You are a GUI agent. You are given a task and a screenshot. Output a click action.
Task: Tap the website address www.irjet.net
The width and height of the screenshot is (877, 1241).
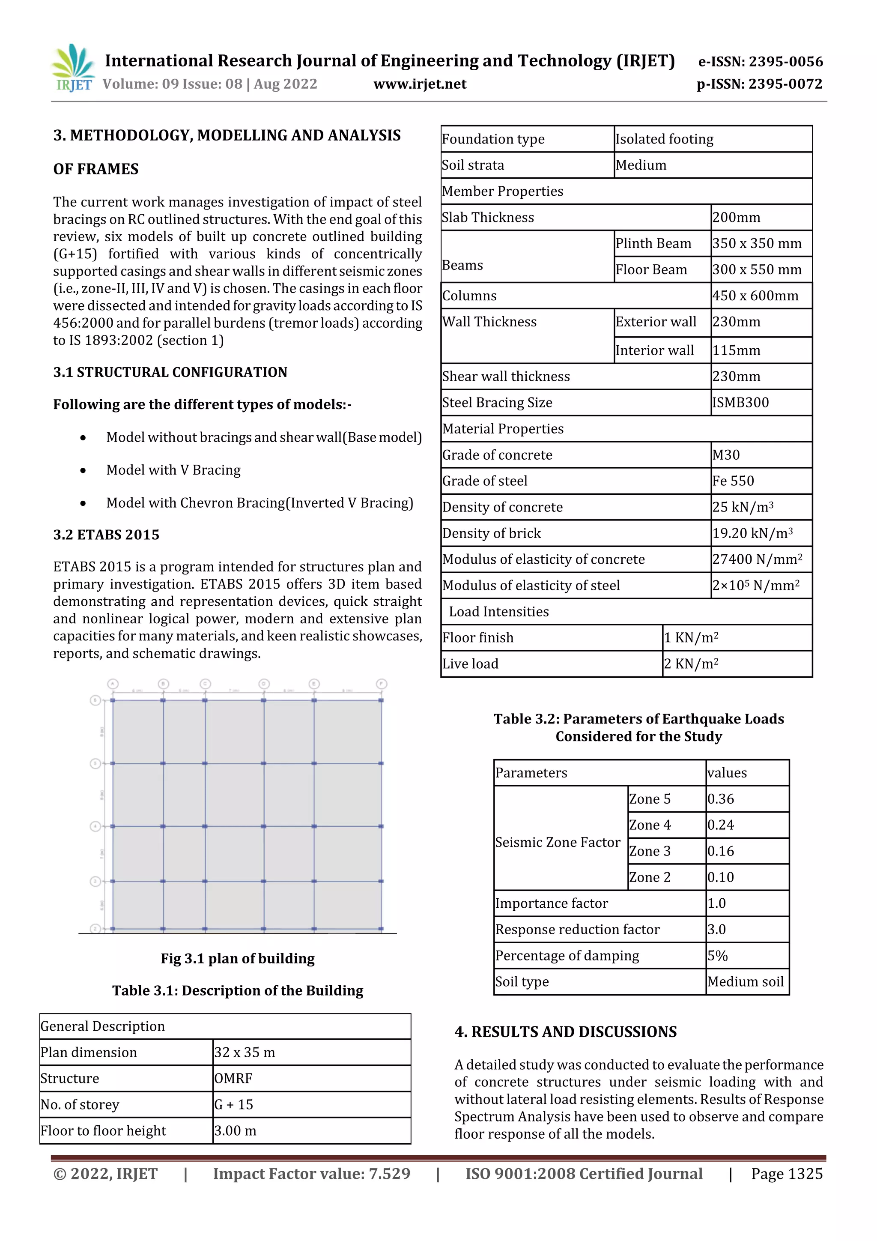pos(420,84)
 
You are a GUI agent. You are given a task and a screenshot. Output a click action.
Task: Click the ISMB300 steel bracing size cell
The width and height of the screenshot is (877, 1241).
pos(740,403)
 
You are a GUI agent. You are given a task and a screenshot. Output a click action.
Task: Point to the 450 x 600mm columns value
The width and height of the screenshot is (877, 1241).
pos(755,296)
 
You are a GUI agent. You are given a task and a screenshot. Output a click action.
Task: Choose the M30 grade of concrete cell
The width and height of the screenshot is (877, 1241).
pos(726,455)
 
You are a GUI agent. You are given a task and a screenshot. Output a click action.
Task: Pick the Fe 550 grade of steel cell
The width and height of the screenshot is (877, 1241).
pos(733,481)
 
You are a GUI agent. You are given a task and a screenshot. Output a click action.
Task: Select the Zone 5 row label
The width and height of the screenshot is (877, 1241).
pos(650,799)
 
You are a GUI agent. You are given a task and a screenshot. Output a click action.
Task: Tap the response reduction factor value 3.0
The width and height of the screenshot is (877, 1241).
pos(716,930)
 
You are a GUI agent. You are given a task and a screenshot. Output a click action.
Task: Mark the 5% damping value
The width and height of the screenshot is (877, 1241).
pos(718,956)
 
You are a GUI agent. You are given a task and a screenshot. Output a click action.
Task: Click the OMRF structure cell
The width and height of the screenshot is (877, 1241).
pos(233,1078)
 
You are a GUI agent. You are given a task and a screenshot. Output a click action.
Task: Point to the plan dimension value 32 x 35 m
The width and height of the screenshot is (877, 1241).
pos(245,1053)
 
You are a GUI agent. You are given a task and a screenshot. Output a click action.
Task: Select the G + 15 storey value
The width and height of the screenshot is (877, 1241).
pos(233,1104)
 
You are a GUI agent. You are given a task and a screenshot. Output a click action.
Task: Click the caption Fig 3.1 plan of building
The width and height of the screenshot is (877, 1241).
pos(237,958)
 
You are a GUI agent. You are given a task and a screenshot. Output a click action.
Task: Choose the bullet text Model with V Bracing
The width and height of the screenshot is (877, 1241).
pos(173,470)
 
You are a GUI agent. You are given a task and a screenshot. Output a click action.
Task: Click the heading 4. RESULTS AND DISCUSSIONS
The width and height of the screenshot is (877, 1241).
pos(565,1032)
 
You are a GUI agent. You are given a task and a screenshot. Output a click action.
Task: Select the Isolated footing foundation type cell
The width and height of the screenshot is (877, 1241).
pos(664,140)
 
